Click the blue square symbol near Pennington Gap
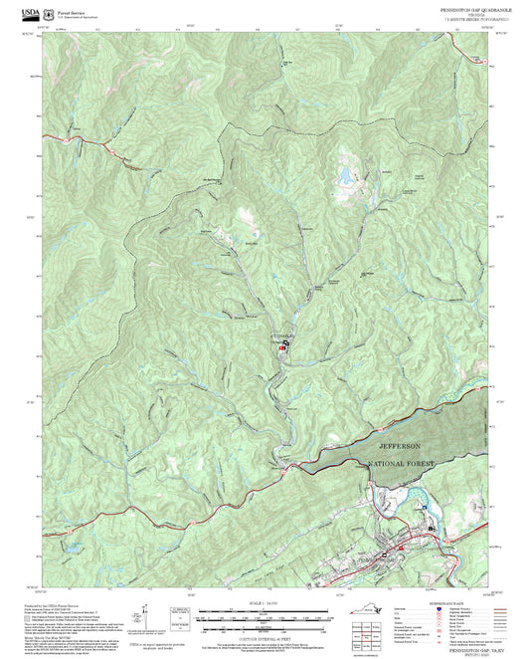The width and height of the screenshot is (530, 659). coord(428,529)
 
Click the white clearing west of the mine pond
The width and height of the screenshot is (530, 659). coord(247,217)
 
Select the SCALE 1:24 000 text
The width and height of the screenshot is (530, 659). coord(265,603)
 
